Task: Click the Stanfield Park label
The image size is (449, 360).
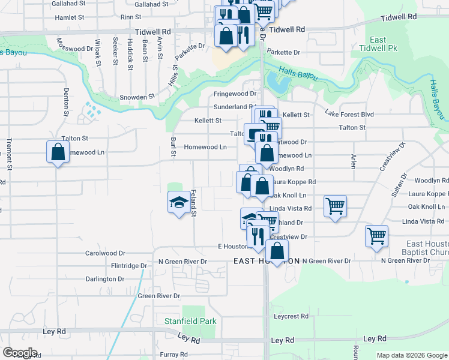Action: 190,322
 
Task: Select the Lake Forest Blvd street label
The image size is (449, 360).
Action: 349,114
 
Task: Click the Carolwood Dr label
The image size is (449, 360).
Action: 105,253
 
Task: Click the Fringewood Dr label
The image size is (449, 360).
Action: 235,94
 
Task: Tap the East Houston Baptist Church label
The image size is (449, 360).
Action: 427,248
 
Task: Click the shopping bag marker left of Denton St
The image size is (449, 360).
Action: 57,152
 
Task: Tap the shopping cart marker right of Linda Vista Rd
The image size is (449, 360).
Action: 335,206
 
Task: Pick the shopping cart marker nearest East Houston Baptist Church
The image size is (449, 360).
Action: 376,236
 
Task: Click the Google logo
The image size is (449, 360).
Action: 20,353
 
